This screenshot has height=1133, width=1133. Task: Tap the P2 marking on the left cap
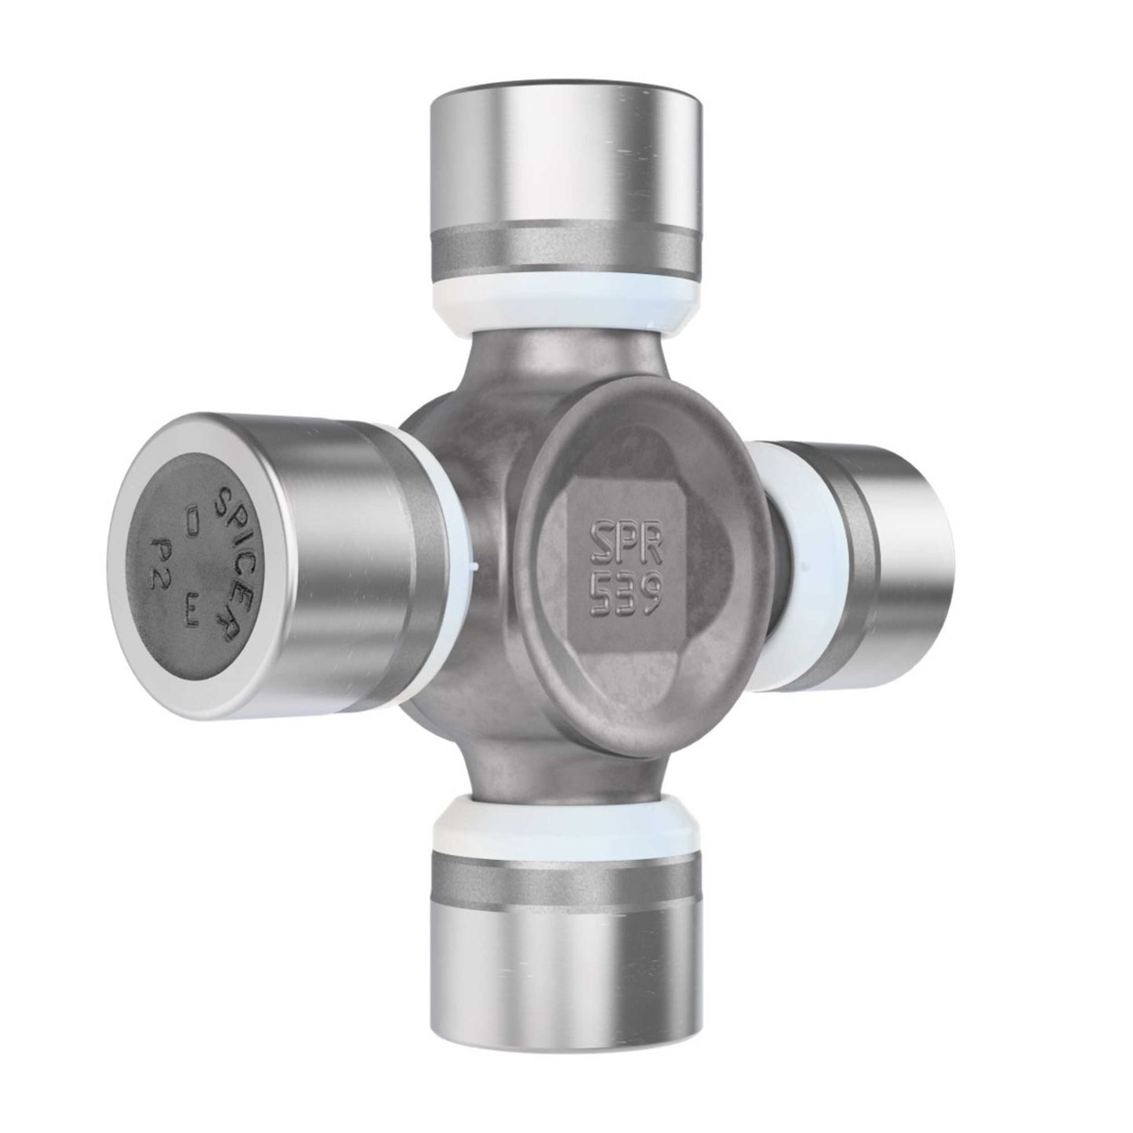click(158, 557)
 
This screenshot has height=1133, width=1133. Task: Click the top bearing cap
click(565, 165)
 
